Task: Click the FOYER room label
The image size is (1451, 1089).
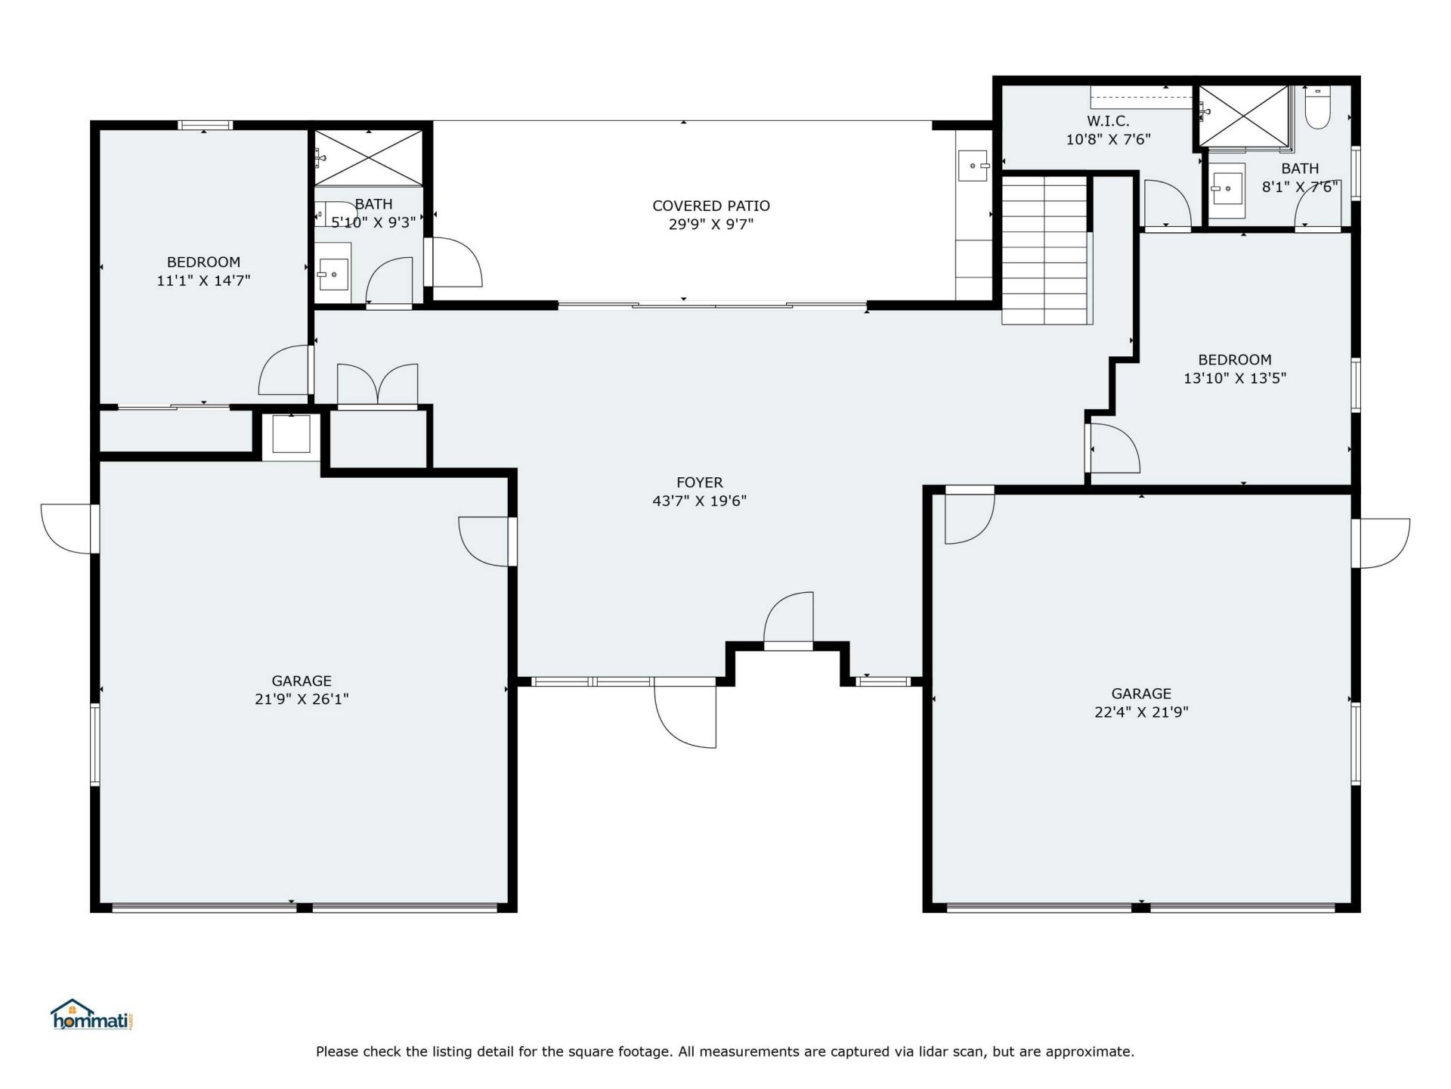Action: pos(699,482)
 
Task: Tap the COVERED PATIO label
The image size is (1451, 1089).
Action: pos(710,206)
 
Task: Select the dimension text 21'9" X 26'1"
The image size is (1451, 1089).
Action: pos(302,700)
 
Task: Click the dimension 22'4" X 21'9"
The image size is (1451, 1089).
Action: pos(1141,712)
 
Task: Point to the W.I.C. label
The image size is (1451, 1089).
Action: pos(1108,121)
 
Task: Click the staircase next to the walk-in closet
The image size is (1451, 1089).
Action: pos(1046,250)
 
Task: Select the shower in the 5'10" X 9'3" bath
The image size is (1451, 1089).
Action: pos(368,157)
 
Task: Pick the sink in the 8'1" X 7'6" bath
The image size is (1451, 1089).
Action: pos(1227,185)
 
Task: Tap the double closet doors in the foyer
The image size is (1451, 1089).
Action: pos(377,386)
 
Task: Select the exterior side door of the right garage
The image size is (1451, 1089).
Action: pos(1381,543)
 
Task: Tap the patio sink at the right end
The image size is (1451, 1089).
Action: pos(973,166)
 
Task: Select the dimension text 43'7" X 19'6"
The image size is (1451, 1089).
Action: pos(699,501)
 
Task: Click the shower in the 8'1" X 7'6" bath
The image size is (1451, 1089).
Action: pos(1243,116)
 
